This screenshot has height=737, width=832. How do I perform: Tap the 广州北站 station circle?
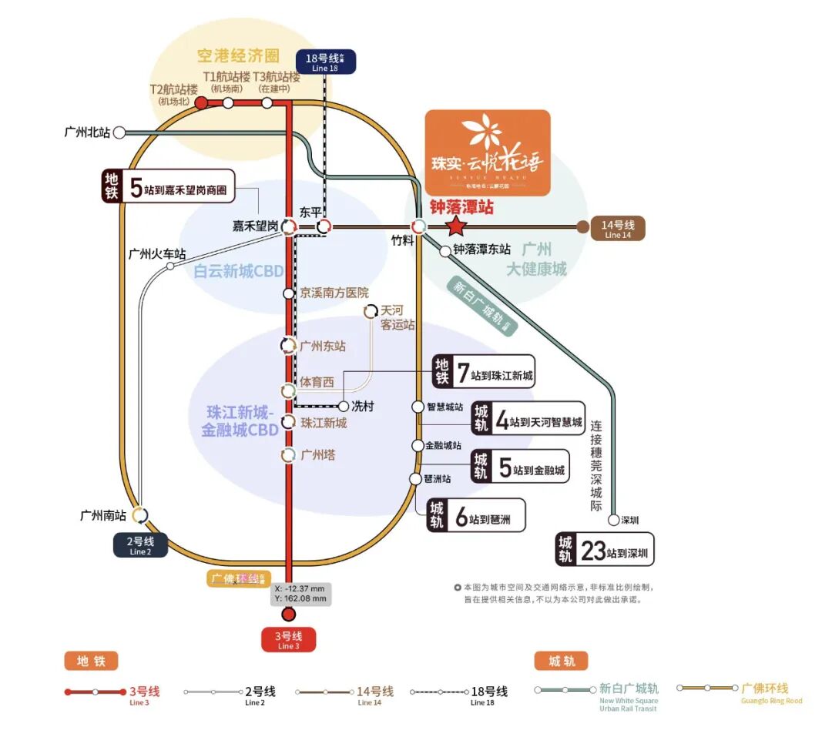coord(119,132)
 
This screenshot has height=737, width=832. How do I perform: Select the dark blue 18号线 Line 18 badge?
coord(326,62)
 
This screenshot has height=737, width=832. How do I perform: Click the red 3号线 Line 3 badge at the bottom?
coord(287,640)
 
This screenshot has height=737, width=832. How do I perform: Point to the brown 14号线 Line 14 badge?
coord(617,228)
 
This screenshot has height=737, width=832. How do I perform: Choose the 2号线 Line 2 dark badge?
coord(141,545)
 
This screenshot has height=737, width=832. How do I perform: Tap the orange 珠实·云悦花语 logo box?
coord(488,152)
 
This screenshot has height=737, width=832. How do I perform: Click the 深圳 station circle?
coord(613,520)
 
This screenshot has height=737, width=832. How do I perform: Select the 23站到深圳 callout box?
coord(606,550)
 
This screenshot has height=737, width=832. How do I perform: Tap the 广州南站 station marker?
coord(140,515)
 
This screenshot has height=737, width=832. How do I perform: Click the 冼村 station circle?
coord(344,406)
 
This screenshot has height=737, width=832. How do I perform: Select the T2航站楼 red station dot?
coord(200,102)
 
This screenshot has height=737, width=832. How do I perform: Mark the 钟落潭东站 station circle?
coord(445,250)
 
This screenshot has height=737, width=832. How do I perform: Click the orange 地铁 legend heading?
coord(91,661)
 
